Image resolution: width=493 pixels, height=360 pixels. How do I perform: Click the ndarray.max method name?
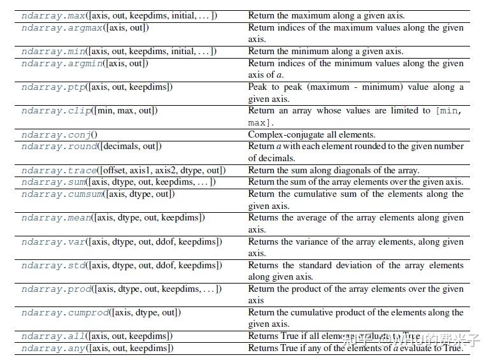click(x=54, y=15)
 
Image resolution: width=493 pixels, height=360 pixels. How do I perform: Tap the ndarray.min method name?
click(x=54, y=52)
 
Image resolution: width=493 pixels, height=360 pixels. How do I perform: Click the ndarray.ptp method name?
click(x=54, y=87)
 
